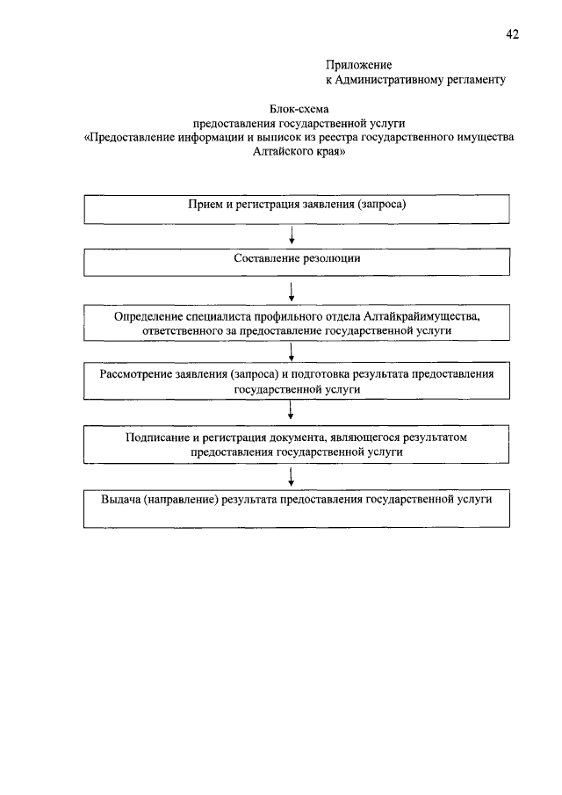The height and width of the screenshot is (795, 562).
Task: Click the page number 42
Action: tap(513, 34)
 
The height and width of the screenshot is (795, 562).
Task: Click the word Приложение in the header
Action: tap(359, 65)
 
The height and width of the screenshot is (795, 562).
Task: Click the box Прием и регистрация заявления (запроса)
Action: tap(297, 209)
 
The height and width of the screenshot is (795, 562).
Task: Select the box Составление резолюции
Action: tap(297, 262)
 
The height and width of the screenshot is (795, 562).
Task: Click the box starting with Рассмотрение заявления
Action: tap(297, 379)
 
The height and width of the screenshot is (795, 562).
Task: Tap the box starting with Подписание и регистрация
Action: tap(297, 444)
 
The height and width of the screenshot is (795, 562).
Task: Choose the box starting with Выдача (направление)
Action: tap(297, 508)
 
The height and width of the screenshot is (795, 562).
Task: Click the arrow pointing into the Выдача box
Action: tap(291, 476)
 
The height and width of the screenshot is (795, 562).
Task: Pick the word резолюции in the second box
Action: tap(330, 259)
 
